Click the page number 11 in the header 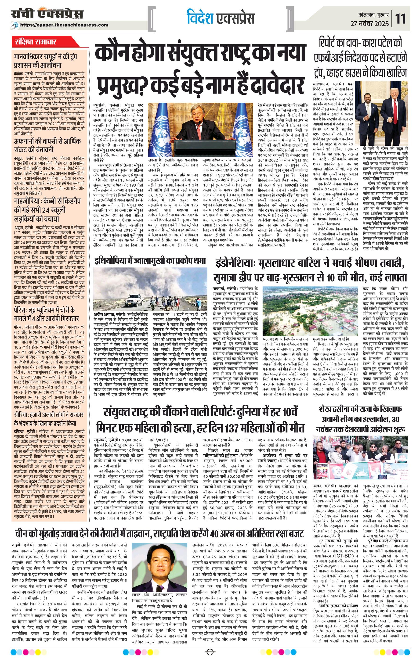click(x=401, y=19)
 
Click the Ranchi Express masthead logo click(x=47, y=14)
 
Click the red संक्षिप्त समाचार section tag click(x=36, y=42)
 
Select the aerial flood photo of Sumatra click(x=310, y=311)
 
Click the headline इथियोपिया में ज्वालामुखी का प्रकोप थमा click(x=150, y=260)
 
